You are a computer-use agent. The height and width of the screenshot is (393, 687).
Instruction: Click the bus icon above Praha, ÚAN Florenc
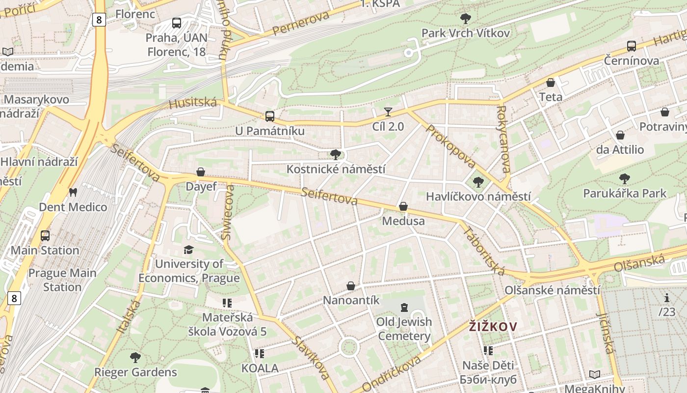pos(177,23)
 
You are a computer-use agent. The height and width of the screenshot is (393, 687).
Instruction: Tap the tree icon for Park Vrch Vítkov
pos(466,19)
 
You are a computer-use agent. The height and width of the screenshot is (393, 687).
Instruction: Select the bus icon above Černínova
pos(632,46)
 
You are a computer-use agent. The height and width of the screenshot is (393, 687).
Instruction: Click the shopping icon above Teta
pos(551,83)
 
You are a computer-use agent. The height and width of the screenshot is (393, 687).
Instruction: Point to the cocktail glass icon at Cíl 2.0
pos(388,112)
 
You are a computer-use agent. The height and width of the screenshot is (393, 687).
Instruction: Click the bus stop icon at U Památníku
pos(269,116)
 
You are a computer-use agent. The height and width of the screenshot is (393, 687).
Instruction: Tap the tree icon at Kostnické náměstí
pos(336,155)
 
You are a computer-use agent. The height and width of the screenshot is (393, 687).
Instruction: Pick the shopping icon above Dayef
pos(200,172)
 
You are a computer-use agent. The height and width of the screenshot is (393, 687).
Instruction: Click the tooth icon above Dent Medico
pos(73,192)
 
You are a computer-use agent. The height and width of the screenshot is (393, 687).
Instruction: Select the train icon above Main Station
pos(45,235)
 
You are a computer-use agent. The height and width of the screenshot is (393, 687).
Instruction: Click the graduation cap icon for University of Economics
pos(188,250)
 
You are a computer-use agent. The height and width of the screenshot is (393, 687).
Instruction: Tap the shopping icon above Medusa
pos(403,206)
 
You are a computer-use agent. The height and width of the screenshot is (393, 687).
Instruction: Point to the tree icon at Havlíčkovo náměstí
pos(478,182)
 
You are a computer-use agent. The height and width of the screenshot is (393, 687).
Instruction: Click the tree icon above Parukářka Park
pos(624,178)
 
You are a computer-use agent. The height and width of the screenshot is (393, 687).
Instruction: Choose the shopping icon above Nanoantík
pos(351,285)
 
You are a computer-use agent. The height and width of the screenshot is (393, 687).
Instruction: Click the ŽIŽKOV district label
pos(493,327)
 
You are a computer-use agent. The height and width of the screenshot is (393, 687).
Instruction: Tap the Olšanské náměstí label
pos(552,290)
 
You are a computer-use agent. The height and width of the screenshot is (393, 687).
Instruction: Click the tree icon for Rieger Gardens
pos(135,357)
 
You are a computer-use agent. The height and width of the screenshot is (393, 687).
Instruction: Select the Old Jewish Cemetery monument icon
pos(404,308)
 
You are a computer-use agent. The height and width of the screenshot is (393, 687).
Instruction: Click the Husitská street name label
pos(192,103)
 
